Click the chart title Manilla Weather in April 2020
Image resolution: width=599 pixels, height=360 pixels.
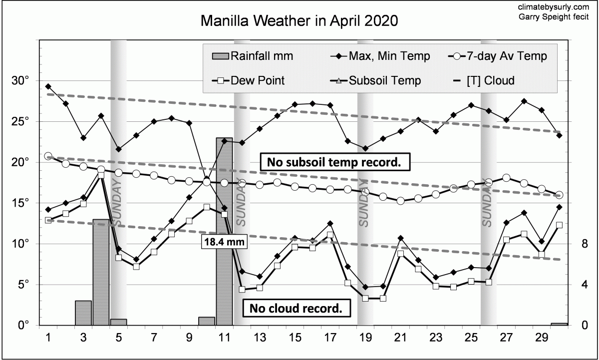[x=299, y=21]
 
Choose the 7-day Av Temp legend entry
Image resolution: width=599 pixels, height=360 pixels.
[x=500, y=56]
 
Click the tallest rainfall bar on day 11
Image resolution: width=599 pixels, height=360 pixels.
[x=224, y=230]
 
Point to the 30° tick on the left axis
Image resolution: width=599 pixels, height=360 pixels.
[x=20, y=81]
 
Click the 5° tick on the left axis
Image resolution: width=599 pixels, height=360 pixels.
[x=23, y=285]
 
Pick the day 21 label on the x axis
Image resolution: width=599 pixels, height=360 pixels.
[x=400, y=337]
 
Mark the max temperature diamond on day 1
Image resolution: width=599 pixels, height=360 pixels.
[x=48, y=86]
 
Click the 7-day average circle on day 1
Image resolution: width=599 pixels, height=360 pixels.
[x=48, y=156]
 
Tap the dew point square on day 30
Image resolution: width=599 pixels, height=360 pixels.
[x=559, y=225]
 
